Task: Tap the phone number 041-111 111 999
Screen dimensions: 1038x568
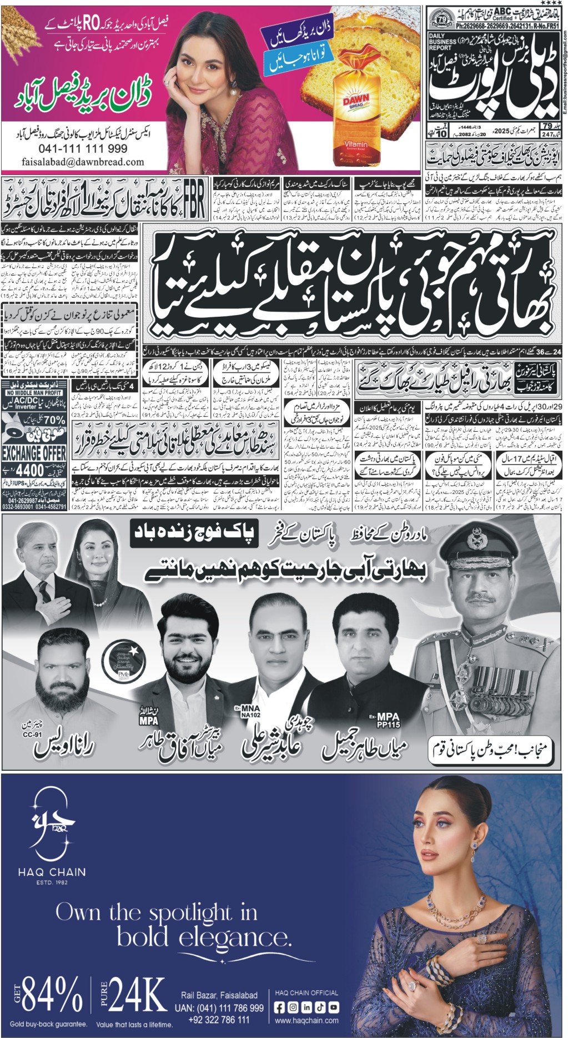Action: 83,149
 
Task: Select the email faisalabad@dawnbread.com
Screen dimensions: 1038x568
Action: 83,162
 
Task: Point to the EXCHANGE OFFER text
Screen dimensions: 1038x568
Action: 34,453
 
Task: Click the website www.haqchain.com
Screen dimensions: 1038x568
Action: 306,1020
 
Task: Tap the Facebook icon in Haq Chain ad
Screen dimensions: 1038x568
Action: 280,1007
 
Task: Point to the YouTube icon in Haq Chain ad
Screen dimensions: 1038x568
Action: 333,1007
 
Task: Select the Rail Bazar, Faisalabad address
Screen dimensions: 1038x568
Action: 219,995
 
